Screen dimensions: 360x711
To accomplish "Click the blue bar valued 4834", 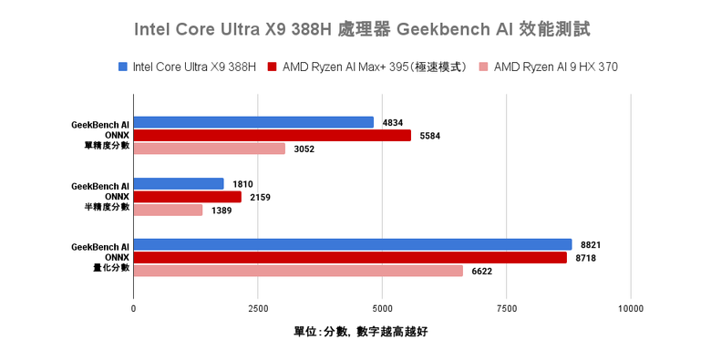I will click(253, 122).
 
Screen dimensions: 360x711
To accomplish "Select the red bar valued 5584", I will click(273, 136).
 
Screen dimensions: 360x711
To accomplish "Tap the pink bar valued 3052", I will click(210, 149).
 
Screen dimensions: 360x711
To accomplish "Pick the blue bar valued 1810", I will click(179, 184).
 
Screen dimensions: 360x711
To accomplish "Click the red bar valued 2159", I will click(188, 197).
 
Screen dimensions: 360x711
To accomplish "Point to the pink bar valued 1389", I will click(169, 211).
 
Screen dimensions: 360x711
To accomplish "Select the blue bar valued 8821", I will click(353, 244).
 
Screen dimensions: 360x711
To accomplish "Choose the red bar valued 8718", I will click(350, 258).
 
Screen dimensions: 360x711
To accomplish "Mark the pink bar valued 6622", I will click(298, 271).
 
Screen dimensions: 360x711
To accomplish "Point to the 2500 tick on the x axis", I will click(258, 308).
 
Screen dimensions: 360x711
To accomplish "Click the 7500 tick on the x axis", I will click(506, 308).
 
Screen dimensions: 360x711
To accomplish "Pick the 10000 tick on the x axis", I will click(630, 308).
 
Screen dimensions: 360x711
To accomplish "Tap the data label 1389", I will click(222, 211).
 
